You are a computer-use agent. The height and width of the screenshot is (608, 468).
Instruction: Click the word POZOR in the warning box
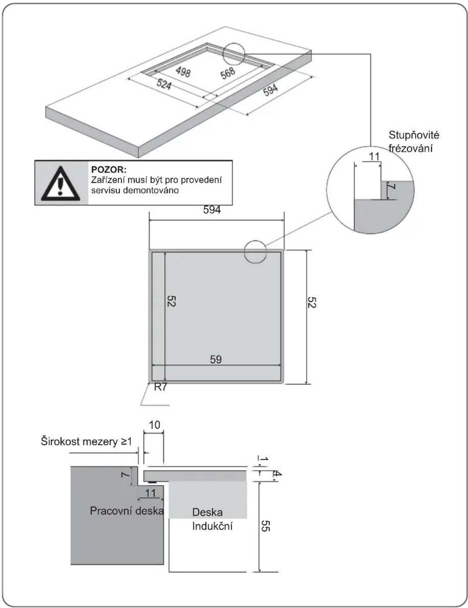(x=109, y=170)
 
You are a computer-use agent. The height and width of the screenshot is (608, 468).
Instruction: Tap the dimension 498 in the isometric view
(x=183, y=72)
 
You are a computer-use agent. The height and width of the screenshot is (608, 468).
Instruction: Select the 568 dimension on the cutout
(x=228, y=73)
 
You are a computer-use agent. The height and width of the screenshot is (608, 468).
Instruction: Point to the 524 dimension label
(x=163, y=84)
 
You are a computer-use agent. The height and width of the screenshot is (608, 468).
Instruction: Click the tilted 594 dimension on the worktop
(x=270, y=90)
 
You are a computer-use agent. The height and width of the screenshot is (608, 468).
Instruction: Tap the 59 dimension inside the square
(x=216, y=359)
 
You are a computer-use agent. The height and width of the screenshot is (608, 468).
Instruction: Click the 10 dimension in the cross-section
(x=154, y=425)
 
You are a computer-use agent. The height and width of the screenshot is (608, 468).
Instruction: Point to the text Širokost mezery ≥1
(x=86, y=442)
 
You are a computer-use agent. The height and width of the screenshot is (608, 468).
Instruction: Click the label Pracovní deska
(x=127, y=511)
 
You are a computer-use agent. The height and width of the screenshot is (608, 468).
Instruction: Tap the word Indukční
(x=212, y=526)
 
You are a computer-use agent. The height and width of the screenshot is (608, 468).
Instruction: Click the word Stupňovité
(x=414, y=136)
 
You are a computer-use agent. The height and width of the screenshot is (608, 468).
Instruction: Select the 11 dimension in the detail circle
(x=374, y=157)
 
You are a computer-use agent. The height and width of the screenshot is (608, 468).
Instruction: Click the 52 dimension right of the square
(x=312, y=302)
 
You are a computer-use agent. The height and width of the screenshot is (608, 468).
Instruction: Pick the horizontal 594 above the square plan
(x=212, y=210)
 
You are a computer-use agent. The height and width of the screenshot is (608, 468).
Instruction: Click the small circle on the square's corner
(x=255, y=252)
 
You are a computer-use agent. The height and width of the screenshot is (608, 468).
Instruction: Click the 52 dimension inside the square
(x=171, y=301)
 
